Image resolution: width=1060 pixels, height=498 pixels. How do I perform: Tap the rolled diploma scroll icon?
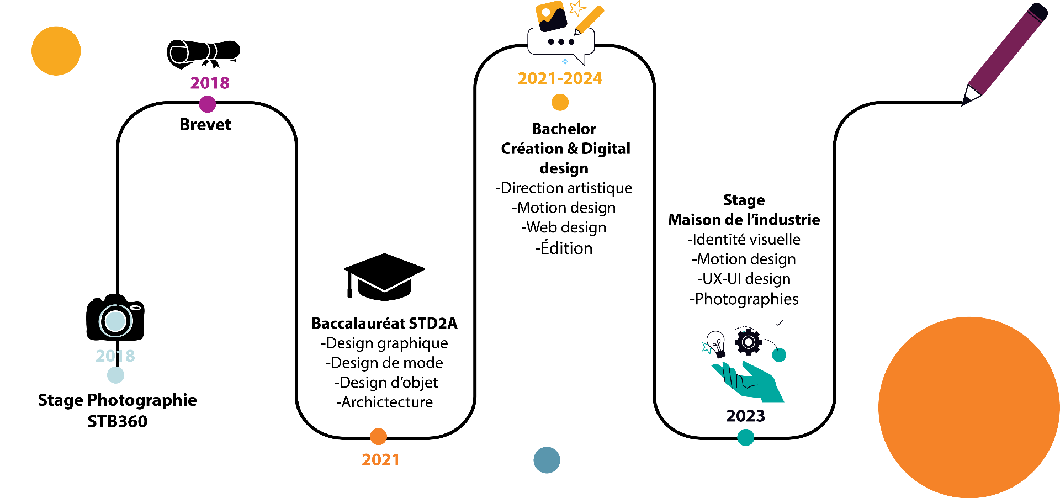(204, 54)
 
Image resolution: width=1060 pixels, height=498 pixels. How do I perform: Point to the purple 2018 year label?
(210, 83)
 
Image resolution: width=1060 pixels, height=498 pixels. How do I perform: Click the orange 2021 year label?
(380, 460)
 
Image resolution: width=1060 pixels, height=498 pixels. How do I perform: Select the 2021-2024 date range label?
(560, 78)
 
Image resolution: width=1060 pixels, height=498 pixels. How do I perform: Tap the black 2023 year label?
(745, 416)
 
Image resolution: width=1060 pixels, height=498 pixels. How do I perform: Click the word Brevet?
(205, 125)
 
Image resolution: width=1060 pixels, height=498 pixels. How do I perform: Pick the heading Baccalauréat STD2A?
(384, 323)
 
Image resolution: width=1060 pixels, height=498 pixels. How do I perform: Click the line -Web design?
(564, 227)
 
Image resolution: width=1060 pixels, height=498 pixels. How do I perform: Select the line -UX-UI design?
(744, 279)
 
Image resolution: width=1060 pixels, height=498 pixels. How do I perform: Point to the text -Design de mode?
(384, 363)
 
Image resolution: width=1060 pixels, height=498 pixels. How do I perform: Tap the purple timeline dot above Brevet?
(207, 104)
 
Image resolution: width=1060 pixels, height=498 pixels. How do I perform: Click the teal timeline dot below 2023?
(745, 437)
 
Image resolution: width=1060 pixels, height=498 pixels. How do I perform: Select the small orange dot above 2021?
(378, 436)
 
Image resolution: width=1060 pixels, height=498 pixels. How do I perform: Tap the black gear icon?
(749, 342)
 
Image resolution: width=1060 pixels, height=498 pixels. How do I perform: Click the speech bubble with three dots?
(561, 44)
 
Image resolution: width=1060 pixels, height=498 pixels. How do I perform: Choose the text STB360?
(118, 422)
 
